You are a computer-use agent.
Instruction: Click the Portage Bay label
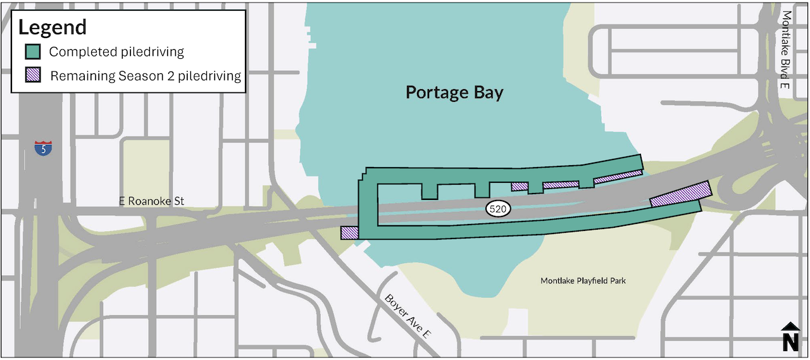point(454,93)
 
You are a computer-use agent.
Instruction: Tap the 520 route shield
point(498,209)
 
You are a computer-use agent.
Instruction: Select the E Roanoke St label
point(151,201)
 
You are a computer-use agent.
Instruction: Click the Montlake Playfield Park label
point(583,281)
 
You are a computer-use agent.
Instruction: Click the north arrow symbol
point(790,327)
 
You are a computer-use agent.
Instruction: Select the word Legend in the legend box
point(53,27)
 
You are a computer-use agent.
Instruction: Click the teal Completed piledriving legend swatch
point(33,52)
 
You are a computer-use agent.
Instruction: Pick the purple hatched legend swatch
point(33,76)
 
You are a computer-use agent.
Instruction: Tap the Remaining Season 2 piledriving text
point(146,77)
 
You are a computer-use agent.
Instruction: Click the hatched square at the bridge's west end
point(349,233)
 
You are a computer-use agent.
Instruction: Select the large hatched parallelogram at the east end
point(681,194)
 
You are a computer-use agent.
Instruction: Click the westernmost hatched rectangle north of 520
point(520,187)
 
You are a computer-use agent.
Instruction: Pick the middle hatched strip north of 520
point(561,185)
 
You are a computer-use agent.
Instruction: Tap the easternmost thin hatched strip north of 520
point(618,177)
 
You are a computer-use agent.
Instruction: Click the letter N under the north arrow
point(790,342)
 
